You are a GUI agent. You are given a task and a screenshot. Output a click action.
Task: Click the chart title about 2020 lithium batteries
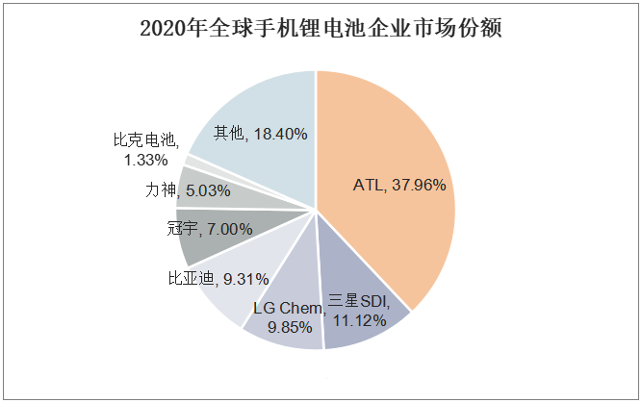[321, 28]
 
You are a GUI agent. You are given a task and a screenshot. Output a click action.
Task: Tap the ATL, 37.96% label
[399, 185]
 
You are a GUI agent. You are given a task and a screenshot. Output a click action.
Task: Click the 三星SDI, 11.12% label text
[358, 310]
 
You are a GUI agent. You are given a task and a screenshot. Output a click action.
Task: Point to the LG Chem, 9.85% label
[286, 316]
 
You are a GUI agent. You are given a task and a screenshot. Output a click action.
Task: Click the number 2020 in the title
[161, 28]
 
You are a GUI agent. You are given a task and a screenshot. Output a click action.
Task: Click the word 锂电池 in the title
[299, 28]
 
